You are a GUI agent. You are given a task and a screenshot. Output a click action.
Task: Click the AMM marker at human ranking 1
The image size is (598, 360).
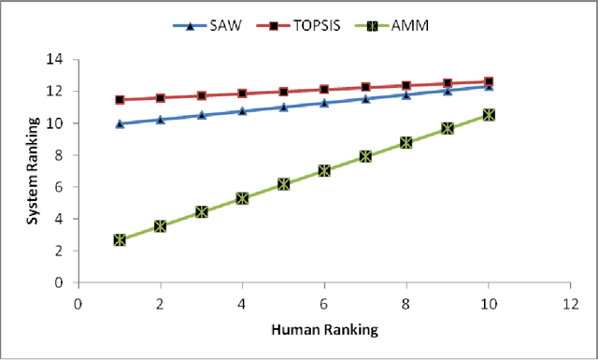119,239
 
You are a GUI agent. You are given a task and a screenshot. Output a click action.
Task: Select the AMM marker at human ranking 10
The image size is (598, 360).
488,114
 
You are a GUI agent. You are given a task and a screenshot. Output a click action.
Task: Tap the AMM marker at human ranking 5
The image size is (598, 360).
283,184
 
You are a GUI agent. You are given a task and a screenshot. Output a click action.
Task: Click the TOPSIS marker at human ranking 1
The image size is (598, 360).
119,99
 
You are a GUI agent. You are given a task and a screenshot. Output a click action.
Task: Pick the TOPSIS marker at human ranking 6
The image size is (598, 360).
324,90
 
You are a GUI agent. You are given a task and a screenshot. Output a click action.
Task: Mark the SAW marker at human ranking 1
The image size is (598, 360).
119,123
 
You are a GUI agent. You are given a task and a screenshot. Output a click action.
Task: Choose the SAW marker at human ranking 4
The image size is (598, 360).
242,110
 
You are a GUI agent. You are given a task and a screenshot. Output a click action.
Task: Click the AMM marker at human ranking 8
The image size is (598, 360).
406,142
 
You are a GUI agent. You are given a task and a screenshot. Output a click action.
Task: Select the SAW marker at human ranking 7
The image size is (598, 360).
365,98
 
